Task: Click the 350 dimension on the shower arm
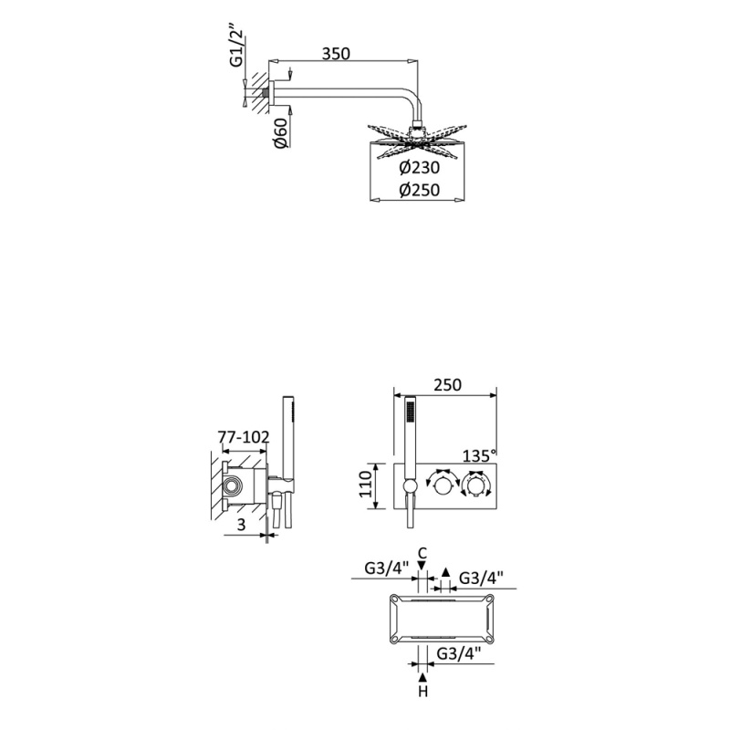coord(336,54)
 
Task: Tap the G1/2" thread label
coord(237,48)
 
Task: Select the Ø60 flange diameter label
coord(281,133)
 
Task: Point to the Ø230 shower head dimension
coord(419,167)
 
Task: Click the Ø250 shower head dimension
coord(419,190)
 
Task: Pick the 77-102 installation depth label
coord(244,437)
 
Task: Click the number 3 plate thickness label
coord(241,525)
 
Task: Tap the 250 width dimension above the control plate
coord(447,385)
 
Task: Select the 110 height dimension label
coord(367,485)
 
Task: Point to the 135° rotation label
coord(480,455)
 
